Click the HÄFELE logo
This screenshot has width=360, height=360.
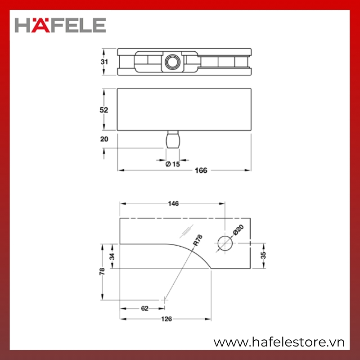point(60,25)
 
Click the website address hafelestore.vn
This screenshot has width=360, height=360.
point(279,342)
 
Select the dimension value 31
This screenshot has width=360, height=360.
point(104,62)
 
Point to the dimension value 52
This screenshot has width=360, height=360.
point(104,110)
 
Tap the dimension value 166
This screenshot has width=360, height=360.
point(201,171)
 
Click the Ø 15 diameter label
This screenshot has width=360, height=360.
point(173,164)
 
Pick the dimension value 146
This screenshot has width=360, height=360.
point(173,203)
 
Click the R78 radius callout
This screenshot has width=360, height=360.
point(198,240)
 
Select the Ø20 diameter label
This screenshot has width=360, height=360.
point(238,230)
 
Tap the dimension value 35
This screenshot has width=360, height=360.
point(263,255)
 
